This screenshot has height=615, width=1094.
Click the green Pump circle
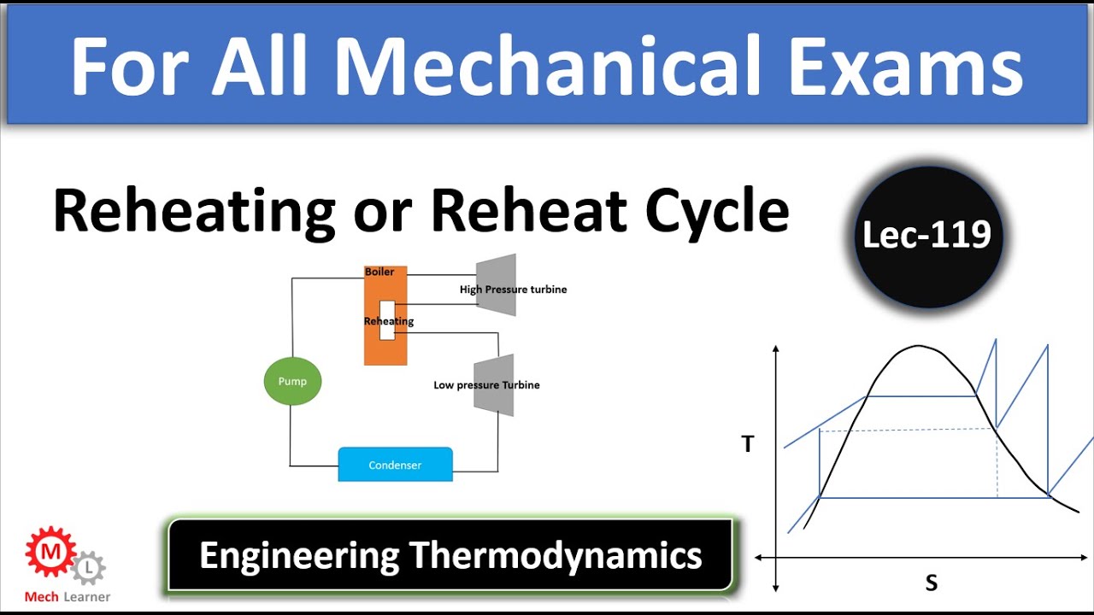[x=292, y=381]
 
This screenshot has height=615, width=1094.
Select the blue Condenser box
[x=395, y=465]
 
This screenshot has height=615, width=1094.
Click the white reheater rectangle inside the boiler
[x=387, y=320]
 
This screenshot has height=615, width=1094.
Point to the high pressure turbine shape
[x=497, y=284]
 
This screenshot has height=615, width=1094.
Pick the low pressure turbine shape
[x=494, y=384]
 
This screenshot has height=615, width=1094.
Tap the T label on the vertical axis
[x=748, y=443]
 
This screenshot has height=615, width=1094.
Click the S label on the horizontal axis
[x=931, y=583]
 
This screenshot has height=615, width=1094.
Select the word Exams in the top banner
[x=905, y=67]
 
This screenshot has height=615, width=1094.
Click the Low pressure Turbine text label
[x=486, y=385]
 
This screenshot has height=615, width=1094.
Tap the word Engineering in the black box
[x=299, y=555]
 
